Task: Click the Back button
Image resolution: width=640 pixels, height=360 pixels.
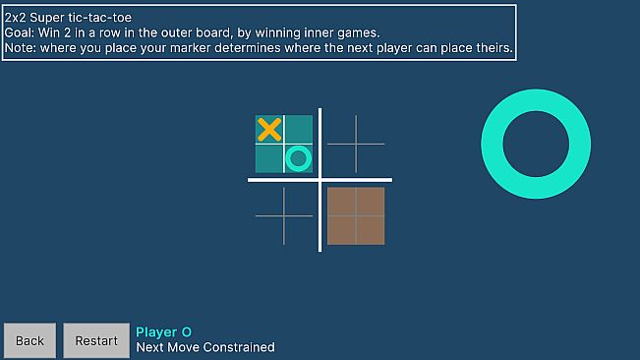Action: [29, 340]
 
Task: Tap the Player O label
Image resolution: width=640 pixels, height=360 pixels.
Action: [163, 332]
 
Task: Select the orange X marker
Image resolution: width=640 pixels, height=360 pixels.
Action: [269, 129]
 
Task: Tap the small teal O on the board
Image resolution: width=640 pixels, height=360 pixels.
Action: [299, 157]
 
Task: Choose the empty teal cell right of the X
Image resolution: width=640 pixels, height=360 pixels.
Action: [299, 129]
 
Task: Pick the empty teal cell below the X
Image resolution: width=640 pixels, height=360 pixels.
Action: [269, 157]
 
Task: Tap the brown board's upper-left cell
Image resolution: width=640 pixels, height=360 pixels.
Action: [341, 201]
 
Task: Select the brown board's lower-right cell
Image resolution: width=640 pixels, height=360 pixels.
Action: [370, 229]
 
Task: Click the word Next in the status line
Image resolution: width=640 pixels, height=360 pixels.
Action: [151, 347]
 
